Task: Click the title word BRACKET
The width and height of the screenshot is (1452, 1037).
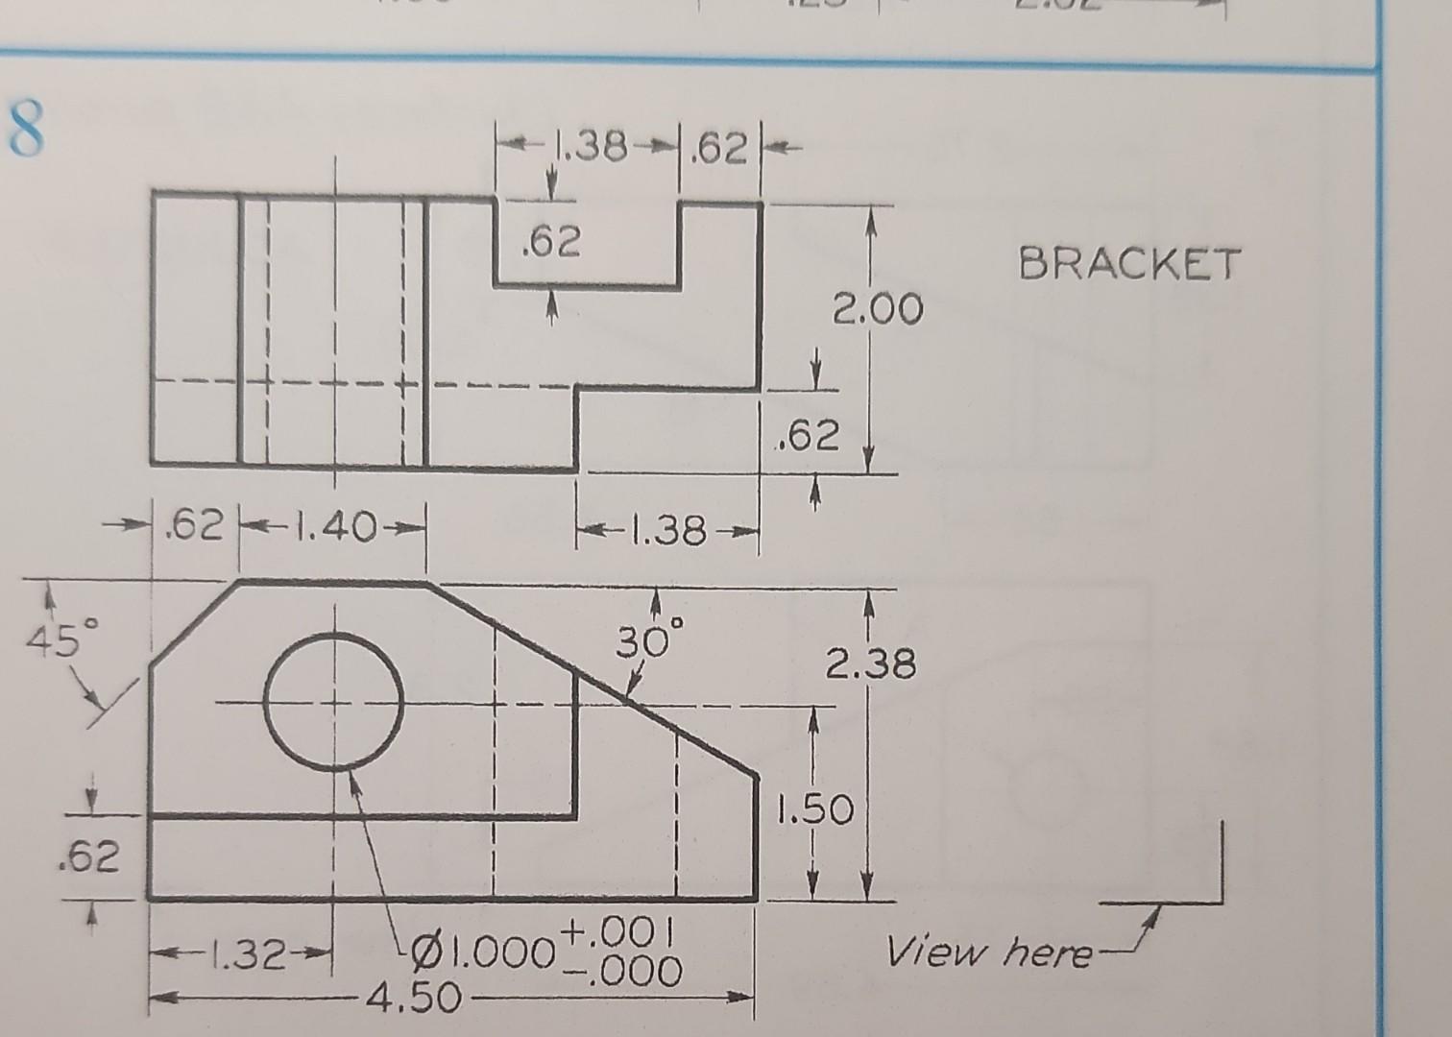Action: click(1129, 263)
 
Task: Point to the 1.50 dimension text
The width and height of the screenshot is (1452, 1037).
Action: click(815, 811)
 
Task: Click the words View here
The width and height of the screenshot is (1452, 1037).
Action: click(989, 953)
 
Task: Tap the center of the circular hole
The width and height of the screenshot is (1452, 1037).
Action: click(333, 702)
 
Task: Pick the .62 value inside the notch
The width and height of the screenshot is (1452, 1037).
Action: click(551, 243)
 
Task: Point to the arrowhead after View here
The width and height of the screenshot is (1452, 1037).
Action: click(1149, 920)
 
